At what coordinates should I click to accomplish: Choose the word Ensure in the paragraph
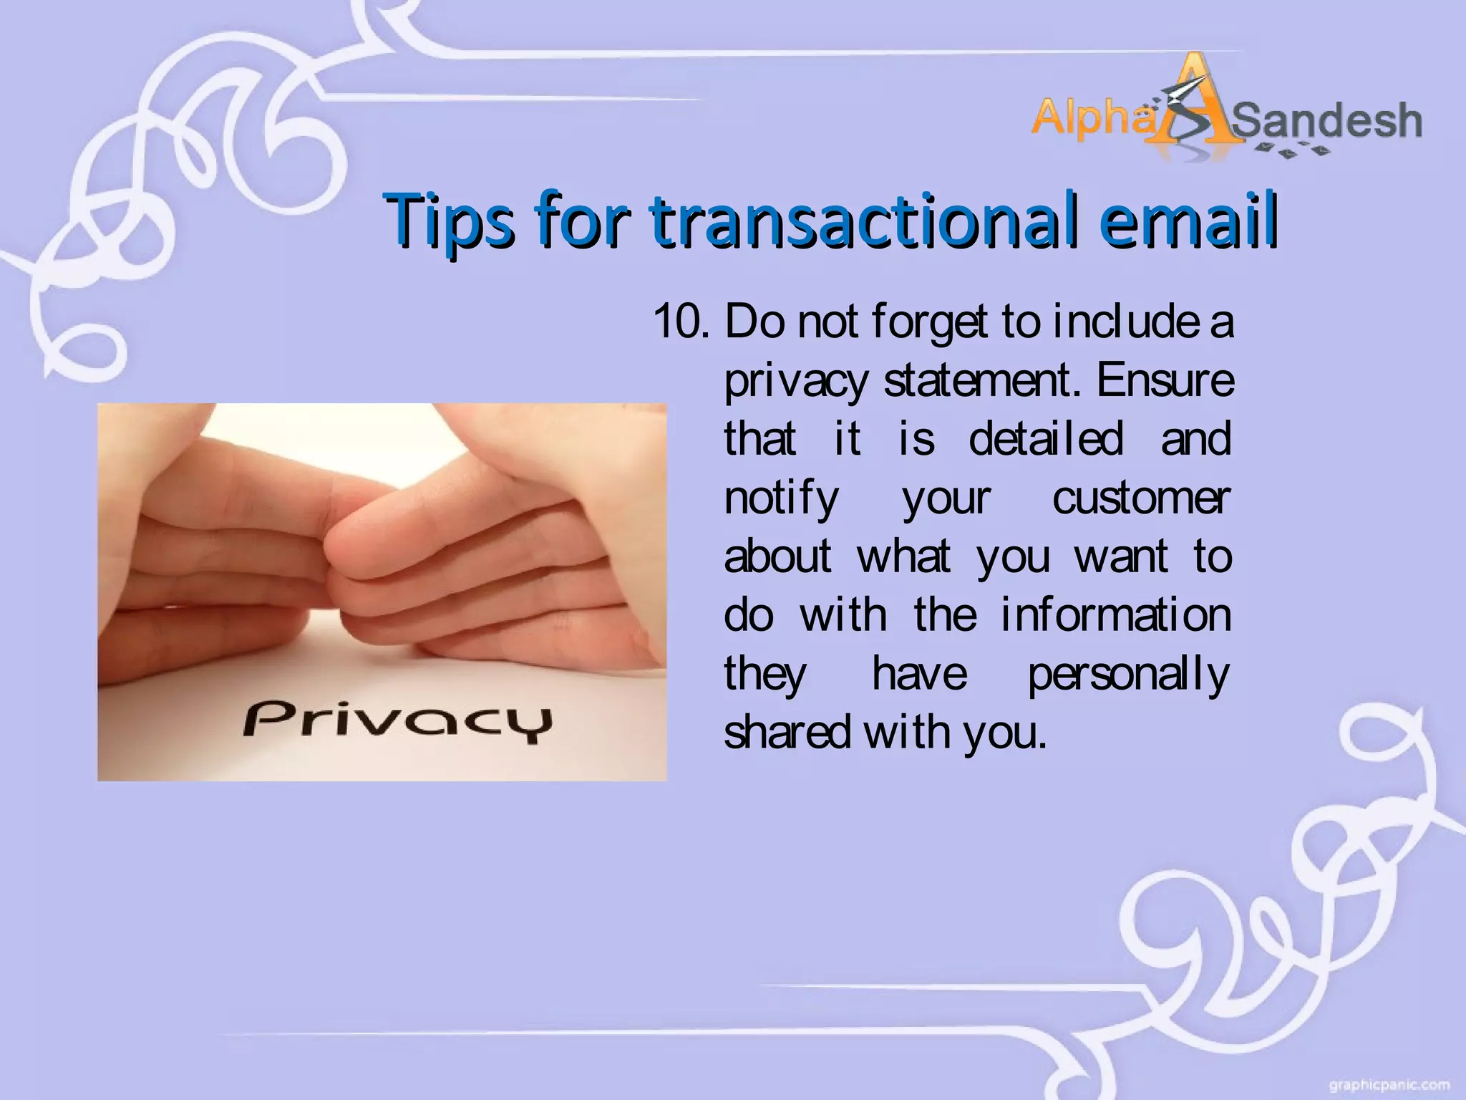[1165, 380]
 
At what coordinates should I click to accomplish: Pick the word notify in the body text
[781, 499]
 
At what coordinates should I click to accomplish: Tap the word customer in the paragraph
[1141, 498]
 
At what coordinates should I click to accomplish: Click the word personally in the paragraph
[1128, 675]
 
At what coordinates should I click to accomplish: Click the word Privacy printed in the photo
[398, 720]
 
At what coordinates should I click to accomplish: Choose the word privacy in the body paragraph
[796, 382]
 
